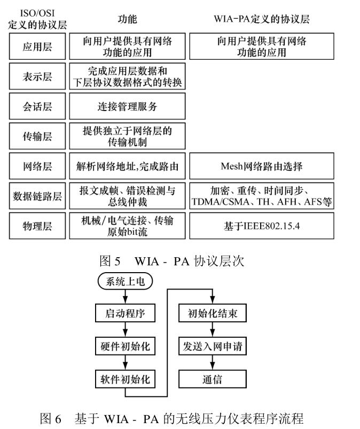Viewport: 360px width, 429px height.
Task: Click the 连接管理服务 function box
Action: (127, 106)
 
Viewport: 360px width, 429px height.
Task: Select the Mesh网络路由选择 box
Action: (262, 166)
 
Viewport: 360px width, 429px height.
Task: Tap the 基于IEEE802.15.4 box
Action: (262, 226)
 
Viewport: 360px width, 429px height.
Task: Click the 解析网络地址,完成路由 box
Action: (127, 166)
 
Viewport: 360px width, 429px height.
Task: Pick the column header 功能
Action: (127, 20)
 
